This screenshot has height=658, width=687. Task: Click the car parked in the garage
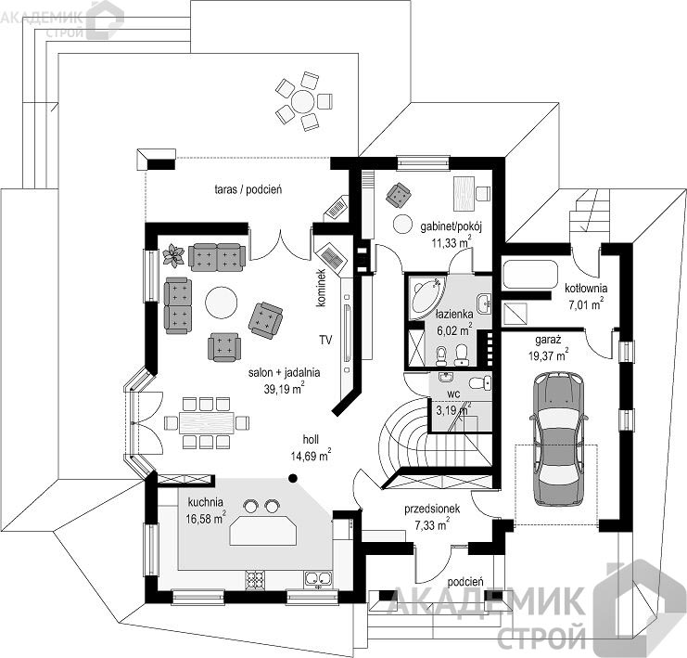pos(558,438)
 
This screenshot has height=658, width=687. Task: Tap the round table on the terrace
pos(303,102)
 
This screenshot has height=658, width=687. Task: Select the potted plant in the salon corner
pos(173,256)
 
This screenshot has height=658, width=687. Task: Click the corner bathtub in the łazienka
pos(426,297)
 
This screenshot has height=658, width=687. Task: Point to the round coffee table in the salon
pos(222,302)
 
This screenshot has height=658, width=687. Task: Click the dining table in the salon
pos(206,422)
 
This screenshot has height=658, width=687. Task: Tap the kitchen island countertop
pos(263,531)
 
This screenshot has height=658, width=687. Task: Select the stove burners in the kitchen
pos(256,580)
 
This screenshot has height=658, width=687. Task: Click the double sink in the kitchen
pos(318,580)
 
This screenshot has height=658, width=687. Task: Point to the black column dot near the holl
pos(293,478)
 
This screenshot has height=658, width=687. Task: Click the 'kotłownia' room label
pos(586,289)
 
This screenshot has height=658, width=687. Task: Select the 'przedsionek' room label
pos(432,509)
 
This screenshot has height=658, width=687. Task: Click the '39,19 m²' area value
pos(285,388)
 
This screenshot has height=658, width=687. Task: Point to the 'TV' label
pos(325,340)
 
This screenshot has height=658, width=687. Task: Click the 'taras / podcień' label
pos(248,189)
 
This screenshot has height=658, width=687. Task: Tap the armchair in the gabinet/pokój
pos(399,195)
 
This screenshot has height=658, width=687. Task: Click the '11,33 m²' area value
pos(452,241)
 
